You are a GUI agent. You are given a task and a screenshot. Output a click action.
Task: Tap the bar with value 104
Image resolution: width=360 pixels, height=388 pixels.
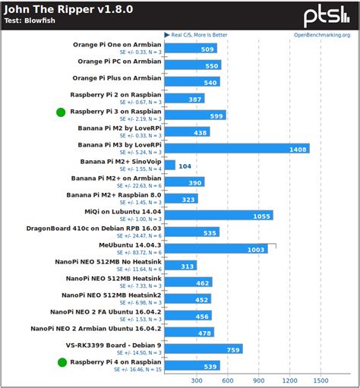click(x=169, y=165)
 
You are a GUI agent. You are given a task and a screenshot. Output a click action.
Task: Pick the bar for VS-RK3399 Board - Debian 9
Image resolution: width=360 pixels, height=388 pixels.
click(x=203, y=349)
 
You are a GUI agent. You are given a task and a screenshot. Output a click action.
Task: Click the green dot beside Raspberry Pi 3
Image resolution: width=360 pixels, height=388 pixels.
click(x=61, y=112)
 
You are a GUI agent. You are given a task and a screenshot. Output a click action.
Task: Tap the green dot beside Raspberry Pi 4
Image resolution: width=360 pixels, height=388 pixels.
click(x=61, y=363)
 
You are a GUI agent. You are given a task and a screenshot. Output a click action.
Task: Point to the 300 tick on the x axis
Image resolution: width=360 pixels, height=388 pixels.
click(x=197, y=380)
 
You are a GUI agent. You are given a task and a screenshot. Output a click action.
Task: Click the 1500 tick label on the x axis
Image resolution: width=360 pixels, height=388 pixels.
click(x=321, y=380)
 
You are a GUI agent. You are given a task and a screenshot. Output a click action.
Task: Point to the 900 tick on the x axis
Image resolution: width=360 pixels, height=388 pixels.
click(x=259, y=380)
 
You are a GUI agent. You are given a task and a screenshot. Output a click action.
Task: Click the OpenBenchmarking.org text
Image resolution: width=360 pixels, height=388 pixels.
click(x=322, y=34)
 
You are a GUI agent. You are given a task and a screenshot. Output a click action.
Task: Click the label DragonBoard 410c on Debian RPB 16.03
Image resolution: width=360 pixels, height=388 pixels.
click(x=94, y=228)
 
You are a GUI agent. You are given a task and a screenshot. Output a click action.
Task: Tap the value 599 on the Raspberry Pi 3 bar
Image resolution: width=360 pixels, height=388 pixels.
click(x=216, y=115)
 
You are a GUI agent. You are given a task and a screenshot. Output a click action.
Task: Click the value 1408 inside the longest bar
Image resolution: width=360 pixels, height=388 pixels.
click(x=298, y=149)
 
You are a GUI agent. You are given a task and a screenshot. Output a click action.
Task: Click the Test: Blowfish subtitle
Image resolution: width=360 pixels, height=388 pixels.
click(x=33, y=21)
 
